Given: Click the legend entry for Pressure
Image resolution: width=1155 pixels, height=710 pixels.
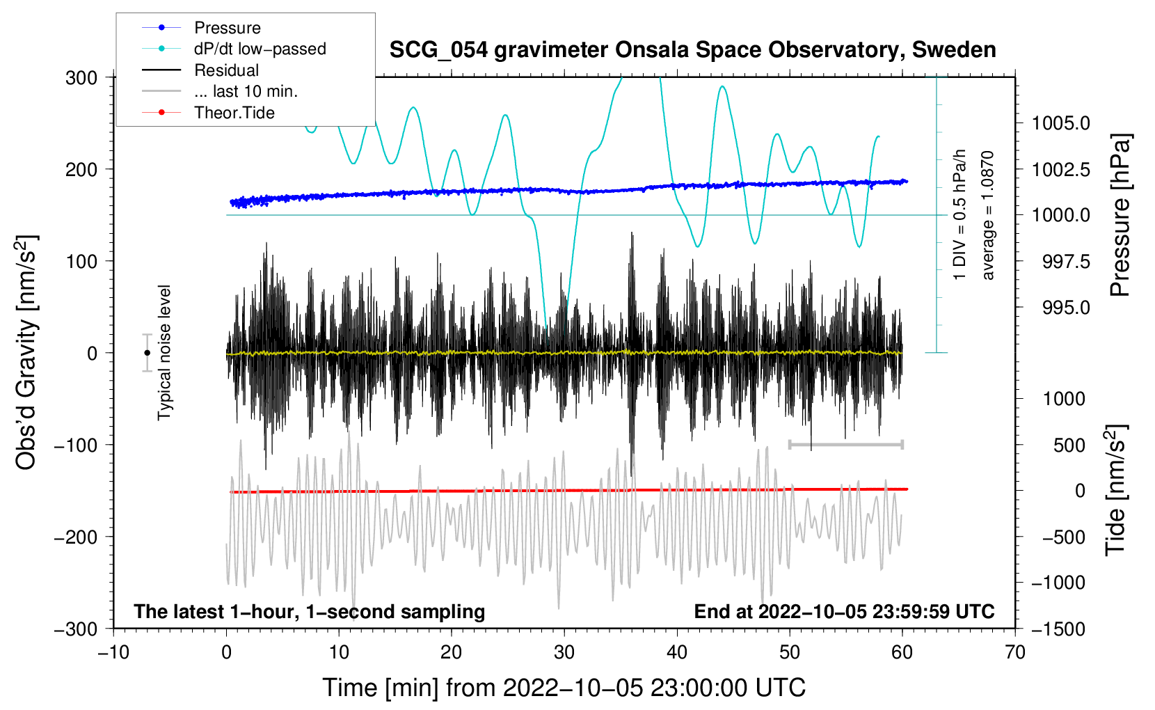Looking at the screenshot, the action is (202, 27).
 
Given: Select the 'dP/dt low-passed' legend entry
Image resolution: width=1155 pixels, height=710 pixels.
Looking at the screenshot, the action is (234, 49).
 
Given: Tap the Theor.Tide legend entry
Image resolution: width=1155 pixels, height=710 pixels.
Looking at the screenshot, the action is (208, 113).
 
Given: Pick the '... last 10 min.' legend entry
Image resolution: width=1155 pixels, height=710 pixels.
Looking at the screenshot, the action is (220, 91).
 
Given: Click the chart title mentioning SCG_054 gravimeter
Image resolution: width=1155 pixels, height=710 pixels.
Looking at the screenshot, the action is (692, 50).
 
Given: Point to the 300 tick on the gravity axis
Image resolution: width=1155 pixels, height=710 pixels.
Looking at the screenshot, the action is (81, 78).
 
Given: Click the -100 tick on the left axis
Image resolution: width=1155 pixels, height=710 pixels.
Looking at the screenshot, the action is (76, 445).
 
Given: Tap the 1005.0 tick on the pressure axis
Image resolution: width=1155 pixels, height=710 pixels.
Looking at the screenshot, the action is (1060, 123).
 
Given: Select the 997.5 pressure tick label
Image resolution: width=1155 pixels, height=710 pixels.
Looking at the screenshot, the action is (1066, 262).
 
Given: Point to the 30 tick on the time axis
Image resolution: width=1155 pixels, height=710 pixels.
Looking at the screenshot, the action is (564, 653).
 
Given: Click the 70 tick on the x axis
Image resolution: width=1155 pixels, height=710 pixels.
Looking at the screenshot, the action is (1014, 653).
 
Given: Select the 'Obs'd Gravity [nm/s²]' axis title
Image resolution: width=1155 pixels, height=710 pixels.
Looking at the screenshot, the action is (26, 352).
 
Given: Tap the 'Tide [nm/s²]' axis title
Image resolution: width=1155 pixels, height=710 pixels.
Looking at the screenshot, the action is (1116, 490).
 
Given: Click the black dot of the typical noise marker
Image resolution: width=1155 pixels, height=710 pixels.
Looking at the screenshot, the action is (147, 353).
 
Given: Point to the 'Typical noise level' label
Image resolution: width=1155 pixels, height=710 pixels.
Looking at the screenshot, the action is (164, 353).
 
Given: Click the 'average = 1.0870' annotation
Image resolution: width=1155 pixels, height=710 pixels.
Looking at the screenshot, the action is (987, 215).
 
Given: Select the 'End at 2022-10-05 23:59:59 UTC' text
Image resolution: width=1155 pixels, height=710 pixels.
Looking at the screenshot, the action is (844, 611).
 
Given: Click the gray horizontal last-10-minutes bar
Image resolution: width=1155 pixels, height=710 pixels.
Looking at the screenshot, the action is (845, 444).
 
